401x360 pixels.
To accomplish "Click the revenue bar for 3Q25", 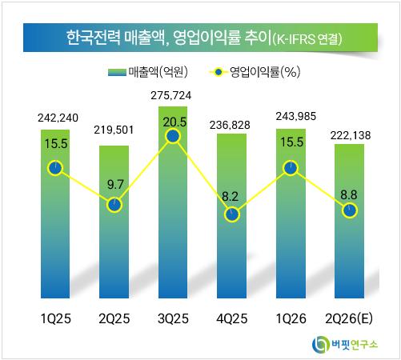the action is click(173, 202).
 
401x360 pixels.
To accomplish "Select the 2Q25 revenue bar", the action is click(114, 222).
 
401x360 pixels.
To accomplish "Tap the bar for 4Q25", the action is click(232, 216).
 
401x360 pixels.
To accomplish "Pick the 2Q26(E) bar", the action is click(350, 221).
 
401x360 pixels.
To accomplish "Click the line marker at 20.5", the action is click(173, 136).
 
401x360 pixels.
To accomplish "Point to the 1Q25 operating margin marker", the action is click(55, 168).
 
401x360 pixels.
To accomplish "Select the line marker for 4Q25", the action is click(232, 214).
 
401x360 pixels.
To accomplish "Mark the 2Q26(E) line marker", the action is click(350, 210).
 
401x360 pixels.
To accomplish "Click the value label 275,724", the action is click(171, 95).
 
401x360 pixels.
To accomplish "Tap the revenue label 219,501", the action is click(114, 130).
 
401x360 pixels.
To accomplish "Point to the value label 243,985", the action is click(296, 116).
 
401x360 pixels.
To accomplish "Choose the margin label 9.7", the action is click(115, 185).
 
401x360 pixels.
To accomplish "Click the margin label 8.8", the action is click(349, 195).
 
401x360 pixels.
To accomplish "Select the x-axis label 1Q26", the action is click(291, 318).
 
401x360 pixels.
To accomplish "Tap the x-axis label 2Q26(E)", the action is click(349, 318).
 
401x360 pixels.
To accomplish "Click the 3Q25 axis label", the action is click(173, 318).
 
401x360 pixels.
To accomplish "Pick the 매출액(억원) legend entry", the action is click(148, 72).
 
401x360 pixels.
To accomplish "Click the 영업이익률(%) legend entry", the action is click(255, 72).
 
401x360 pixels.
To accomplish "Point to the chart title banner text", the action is click(204, 38).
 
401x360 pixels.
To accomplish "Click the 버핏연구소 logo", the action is click(345, 344).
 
